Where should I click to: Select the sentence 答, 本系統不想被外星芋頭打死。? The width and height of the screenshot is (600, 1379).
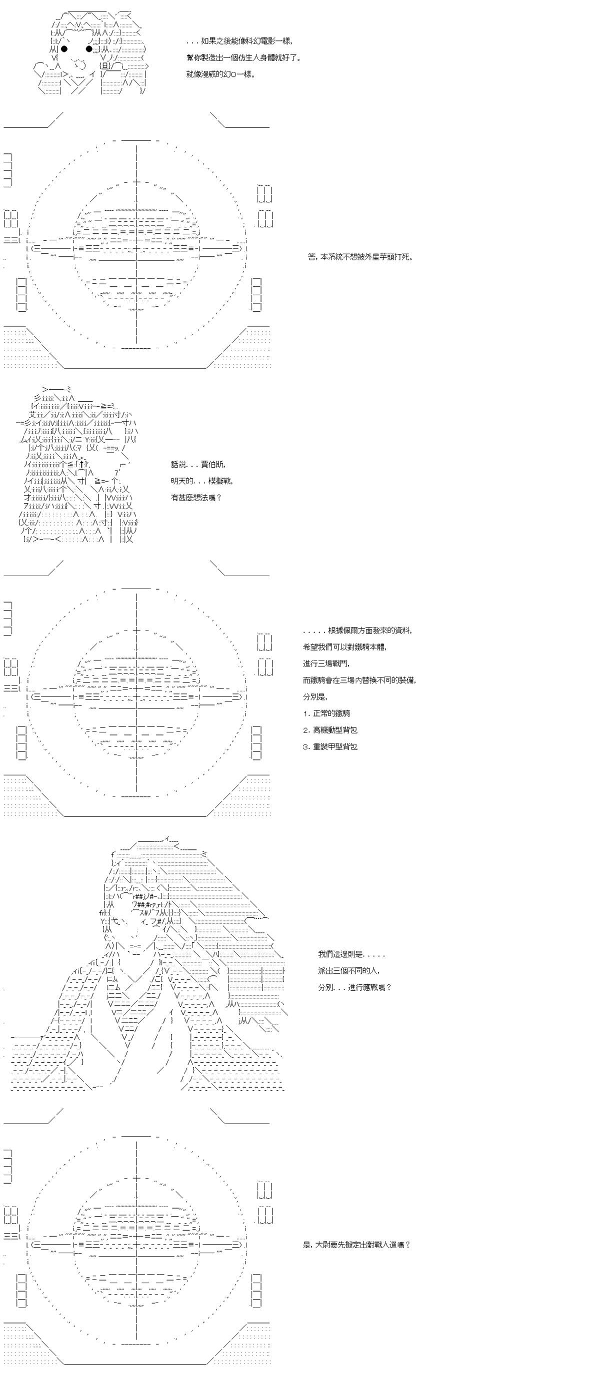[360, 256]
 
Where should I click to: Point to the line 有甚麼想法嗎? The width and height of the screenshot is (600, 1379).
[196, 497]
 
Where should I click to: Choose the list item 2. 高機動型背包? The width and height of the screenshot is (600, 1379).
[329, 729]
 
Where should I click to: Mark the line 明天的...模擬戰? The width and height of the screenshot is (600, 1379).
[202, 481]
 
